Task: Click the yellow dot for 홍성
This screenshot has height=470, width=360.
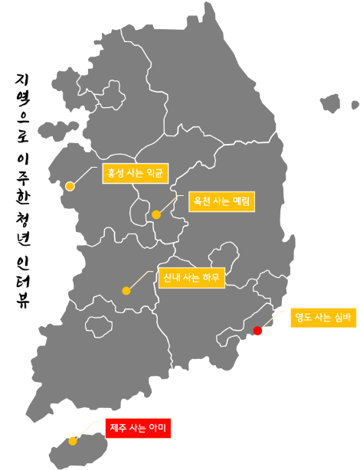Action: tap(70, 186)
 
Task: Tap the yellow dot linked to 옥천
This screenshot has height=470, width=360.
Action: tap(156, 214)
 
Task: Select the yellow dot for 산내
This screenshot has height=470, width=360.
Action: tap(126, 290)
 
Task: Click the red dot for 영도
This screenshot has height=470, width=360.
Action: tap(258, 331)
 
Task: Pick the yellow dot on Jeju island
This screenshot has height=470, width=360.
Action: tap(72, 441)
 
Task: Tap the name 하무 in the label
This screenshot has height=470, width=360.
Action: tap(210, 278)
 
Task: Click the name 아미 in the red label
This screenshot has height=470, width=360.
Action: tap(158, 427)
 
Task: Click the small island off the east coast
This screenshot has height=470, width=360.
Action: tap(331, 103)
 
